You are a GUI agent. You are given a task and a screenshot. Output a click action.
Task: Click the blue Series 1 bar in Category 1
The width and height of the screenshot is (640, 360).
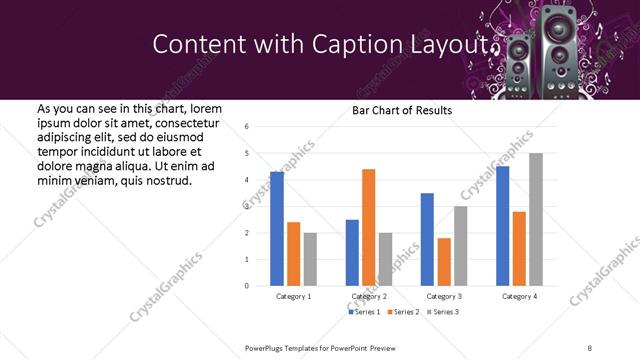click(x=277, y=229)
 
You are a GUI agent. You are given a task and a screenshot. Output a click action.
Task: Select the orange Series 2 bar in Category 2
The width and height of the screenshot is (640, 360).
click(x=368, y=227)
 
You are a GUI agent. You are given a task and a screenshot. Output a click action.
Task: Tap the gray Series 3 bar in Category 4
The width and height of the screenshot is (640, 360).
click(x=536, y=219)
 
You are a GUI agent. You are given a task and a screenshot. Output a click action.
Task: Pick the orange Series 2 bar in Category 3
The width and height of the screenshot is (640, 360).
click(x=444, y=262)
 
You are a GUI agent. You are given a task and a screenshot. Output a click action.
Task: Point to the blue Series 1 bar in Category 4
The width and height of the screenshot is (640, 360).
click(x=502, y=226)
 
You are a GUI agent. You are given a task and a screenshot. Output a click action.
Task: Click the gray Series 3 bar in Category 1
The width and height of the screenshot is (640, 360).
click(x=310, y=259)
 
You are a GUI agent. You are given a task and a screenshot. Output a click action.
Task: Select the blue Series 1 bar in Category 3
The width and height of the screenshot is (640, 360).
click(x=427, y=239)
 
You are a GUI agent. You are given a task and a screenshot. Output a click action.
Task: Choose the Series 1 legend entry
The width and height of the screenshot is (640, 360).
click(x=365, y=313)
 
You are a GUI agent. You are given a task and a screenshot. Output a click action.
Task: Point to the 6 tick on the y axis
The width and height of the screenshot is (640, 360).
click(x=247, y=127)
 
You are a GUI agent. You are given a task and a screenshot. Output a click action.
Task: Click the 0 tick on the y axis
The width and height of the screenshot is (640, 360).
click(x=247, y=286)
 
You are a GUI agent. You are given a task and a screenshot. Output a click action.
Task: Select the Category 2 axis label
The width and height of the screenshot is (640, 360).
click(x=369, y=297)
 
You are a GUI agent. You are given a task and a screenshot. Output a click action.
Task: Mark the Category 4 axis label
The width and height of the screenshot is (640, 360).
click(x=518, y=297)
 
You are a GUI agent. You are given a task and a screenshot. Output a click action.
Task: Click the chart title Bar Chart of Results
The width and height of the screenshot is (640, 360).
click(x=402, y=110)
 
